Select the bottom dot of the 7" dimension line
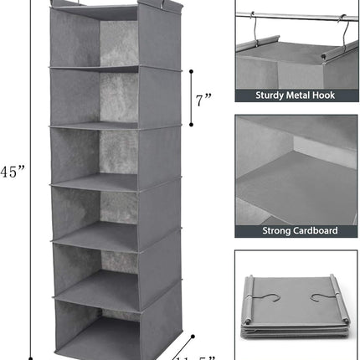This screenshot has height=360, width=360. pyautogui.click(x=193, y=123)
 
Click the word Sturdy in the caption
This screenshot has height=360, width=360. pyautogui.click(x=257, y=95)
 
